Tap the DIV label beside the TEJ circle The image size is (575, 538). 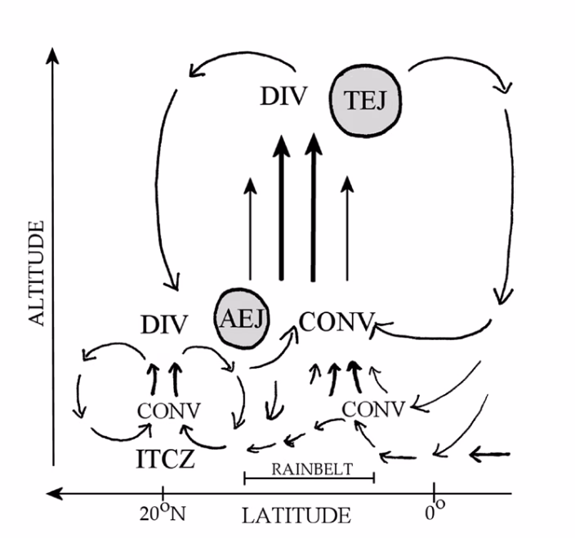[283, 97]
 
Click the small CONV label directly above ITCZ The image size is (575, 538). [169, 410]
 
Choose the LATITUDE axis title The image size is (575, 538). [296, 515]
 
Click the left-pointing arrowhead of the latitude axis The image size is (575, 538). [54, 493]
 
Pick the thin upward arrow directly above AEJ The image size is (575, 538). [248, 229]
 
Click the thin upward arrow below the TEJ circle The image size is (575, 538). [348, 229]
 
